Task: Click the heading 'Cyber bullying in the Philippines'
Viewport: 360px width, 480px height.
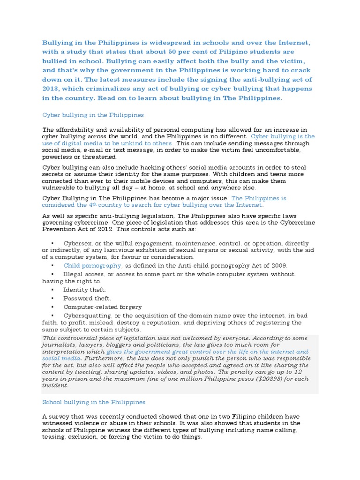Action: [x=93, y=115]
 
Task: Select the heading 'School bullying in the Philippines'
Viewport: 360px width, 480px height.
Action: [x=94, y=402]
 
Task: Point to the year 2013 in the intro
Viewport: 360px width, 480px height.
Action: [x=52, y=89]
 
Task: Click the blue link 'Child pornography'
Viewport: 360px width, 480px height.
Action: [x=93, y=265]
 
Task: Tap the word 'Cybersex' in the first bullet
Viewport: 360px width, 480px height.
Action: [x=78, y=244]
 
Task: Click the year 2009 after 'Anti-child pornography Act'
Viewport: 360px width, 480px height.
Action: [x=277, y=265]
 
